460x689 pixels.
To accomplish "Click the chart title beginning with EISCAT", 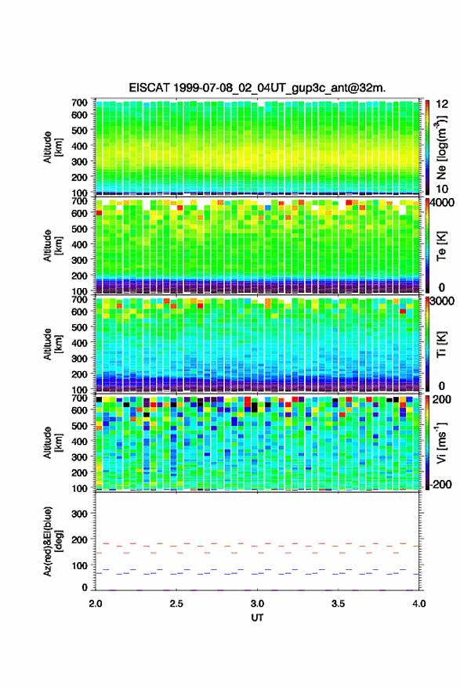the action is pos(257,88).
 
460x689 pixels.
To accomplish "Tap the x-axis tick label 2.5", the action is pos(176,604).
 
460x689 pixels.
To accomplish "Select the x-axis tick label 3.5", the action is pos(339,604).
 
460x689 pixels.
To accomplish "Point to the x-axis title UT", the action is pos(257,618).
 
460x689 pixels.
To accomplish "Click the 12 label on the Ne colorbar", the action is pos(442,104).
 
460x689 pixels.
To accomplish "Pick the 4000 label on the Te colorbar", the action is pos(443,204).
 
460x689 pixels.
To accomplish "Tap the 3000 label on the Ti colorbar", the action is pos(443,301).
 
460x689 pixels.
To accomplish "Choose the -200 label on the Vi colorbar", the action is pos(440,484).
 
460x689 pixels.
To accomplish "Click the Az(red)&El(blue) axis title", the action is pos(52,541).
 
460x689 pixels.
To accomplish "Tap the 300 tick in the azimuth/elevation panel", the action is pos(79,514).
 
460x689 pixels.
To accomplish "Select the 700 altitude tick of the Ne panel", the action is pos(79,103).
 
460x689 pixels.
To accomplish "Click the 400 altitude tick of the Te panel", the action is pos(79,244).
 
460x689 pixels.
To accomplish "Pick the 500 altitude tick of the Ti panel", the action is pos(79,327).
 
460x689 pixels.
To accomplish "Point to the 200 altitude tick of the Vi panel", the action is pos(79,472).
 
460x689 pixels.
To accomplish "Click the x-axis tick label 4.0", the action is pos(419,604).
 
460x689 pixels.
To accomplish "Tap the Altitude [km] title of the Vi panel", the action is pos(53,442).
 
